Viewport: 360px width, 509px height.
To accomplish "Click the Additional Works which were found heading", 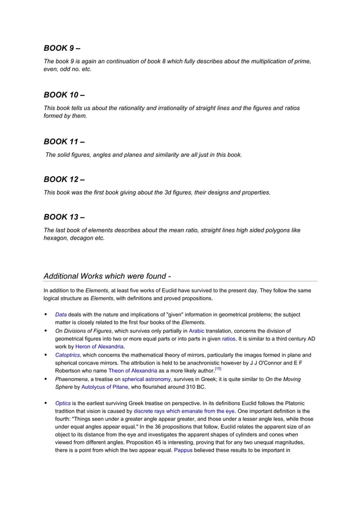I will click(x=107, y=276).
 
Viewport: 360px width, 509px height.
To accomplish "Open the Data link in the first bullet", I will click(x=60, y=314).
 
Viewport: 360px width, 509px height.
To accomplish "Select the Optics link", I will click(x=62, y=403).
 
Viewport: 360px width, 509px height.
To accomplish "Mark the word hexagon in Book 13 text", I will click(x=57, y=238).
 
